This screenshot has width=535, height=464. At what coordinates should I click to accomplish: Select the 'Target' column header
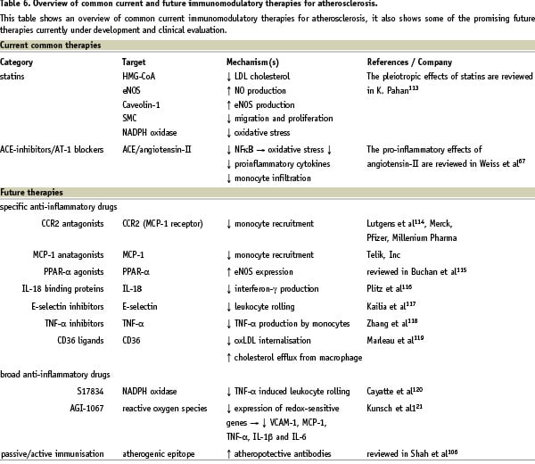[x=134, y=62]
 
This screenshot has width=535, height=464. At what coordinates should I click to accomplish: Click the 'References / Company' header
[x=413, y=62]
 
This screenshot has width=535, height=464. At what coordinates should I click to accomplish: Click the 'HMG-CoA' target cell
[x=140, y=76]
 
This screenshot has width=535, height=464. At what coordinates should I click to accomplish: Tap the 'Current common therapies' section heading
[x=50, y=44]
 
